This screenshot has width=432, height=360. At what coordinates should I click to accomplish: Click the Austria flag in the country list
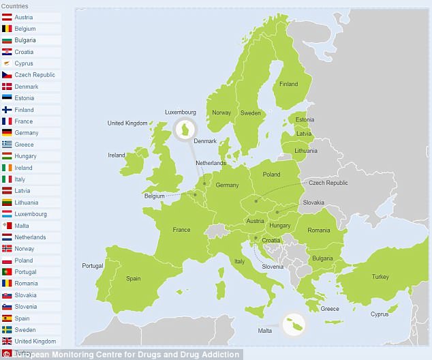click(7, 17)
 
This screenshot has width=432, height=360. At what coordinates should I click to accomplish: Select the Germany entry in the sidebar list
click(27, 133)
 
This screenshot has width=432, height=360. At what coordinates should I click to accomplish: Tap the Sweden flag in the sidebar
click(7, 330)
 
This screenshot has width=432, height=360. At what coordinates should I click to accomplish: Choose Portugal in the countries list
click(27, 272)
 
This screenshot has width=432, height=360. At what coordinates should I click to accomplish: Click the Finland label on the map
click(289, 85)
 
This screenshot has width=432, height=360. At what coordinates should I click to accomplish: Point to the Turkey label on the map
click(380, 277)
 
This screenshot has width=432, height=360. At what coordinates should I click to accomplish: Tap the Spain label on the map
click(133, 278)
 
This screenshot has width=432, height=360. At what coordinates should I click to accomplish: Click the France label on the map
click(181, 230)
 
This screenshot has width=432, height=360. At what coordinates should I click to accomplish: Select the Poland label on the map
click(271, 175)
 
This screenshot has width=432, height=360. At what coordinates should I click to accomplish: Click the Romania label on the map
click(318, 231)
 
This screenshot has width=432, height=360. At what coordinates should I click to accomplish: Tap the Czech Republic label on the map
click(328, 183)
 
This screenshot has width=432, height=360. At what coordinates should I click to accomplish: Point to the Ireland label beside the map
click(117, 155)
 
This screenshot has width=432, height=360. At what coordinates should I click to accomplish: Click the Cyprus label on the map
click(379, 314)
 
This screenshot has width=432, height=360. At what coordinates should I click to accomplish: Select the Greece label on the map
click(330, 309)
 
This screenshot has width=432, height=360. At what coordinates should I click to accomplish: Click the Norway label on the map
click(221, 113)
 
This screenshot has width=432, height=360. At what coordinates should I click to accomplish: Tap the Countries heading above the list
click(14, 5)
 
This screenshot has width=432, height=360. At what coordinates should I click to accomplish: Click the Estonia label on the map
click(305, 121)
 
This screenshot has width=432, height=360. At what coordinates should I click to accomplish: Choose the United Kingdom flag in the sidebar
click(7, 342)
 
